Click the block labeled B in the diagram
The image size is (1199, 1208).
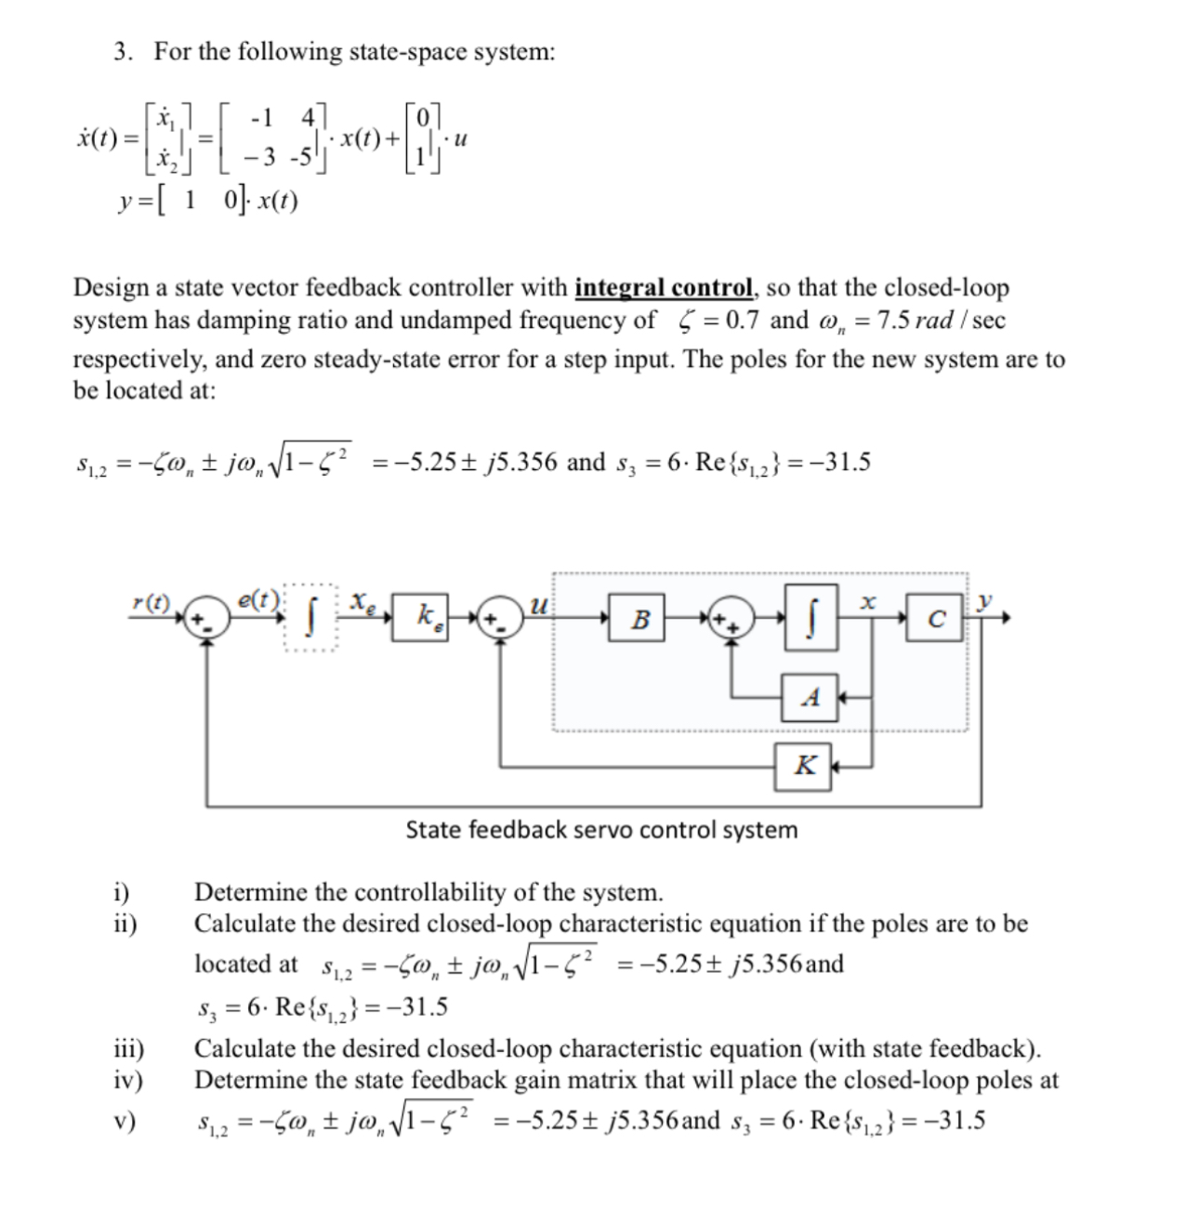pos(639,619)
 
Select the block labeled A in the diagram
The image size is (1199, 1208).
pos(810,697)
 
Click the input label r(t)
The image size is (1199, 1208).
pos(152,603)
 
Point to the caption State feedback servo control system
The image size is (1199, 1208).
pos(601,830)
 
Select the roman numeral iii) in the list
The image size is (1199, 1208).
pos(128,1049)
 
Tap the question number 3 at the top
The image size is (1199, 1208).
pos(122,52)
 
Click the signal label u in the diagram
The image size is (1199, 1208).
pos(536,605)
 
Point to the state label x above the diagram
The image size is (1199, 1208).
pos(866,602)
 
